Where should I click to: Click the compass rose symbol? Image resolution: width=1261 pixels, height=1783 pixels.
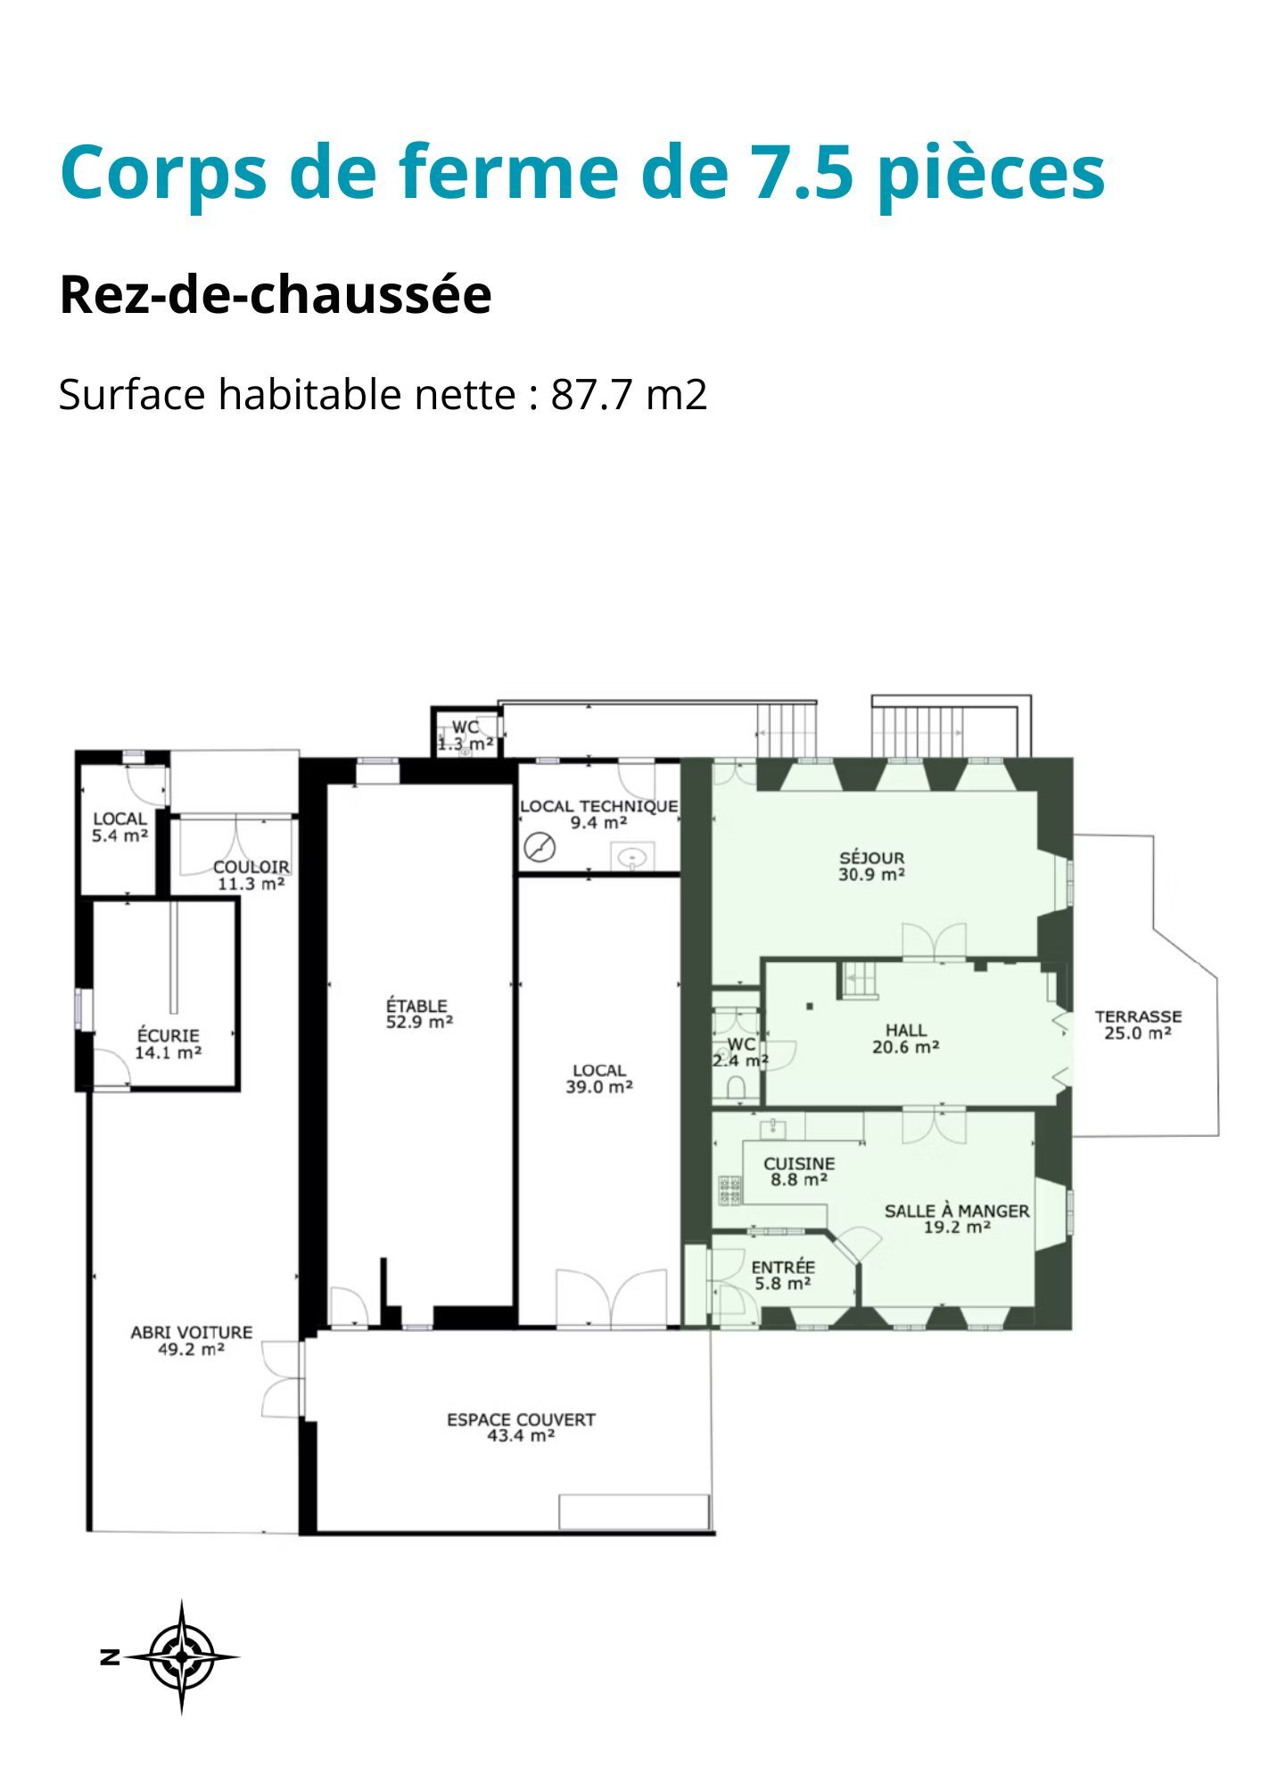pos(182,1657)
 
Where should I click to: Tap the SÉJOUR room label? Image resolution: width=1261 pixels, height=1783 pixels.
pos(871,859)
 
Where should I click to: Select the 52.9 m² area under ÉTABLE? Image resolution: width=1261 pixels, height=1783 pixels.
pos(419,1023)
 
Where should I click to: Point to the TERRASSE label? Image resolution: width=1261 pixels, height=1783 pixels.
pos(1138,1016)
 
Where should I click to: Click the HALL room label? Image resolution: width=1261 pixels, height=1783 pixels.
pos(906,1031)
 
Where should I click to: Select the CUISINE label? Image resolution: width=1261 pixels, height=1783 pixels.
pos(799,1163)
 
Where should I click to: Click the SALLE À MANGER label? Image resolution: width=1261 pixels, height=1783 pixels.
pos(957,1211)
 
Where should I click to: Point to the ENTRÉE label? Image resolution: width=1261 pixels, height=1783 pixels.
pos(783,1268)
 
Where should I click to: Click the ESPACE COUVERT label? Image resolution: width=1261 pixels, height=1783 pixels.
pos(521,1419)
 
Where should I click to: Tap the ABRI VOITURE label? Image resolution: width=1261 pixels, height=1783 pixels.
pos(192,1333)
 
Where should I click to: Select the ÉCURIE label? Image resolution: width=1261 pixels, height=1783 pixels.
pos(169,1036)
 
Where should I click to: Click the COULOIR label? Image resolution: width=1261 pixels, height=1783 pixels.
pos(251,867)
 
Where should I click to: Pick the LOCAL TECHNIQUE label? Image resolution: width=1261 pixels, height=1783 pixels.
pos(599,806)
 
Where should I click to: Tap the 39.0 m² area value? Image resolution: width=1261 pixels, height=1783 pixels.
pos(599,1087)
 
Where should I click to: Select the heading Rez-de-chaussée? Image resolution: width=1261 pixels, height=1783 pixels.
pos(276,295)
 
